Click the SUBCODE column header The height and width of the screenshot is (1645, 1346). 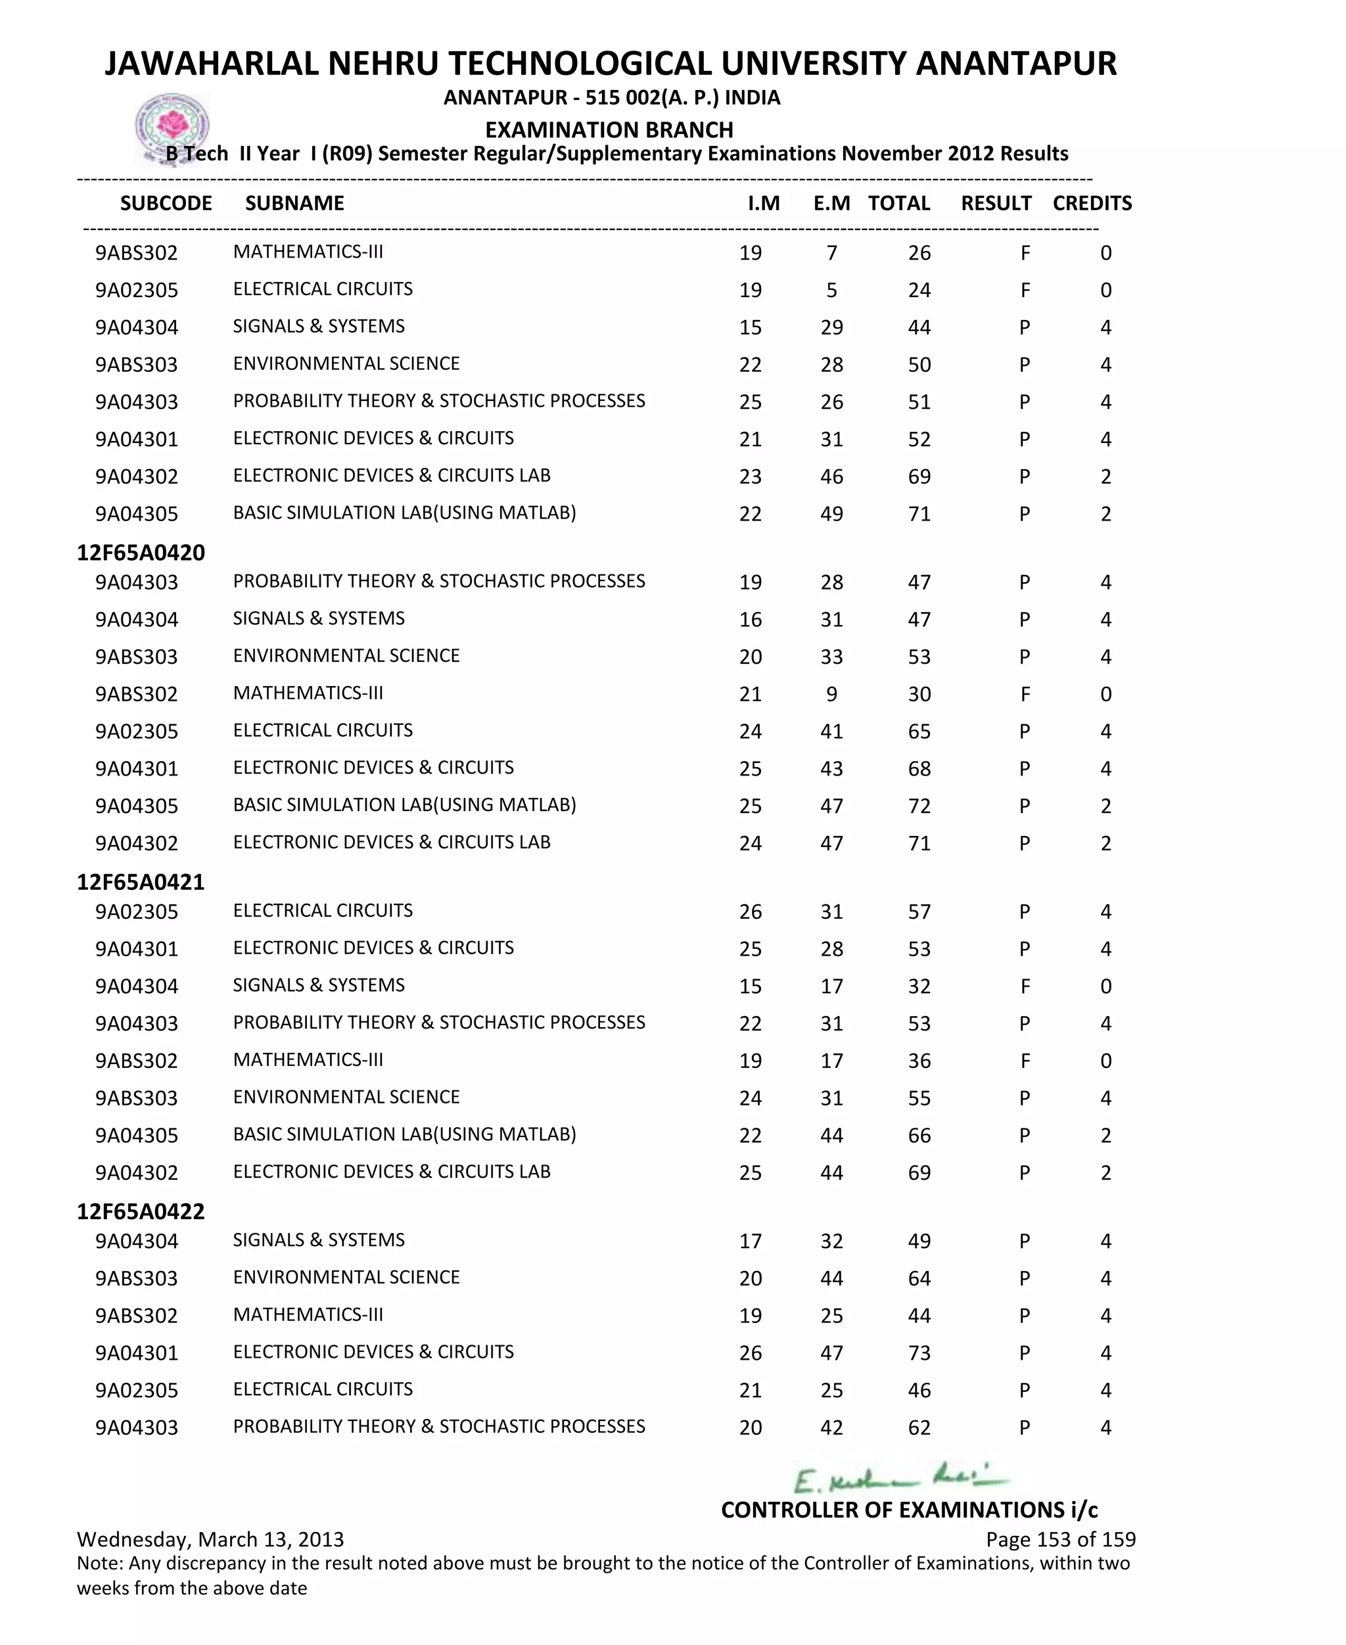(x=166, y=203)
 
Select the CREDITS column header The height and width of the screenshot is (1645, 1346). (x=1092, y=203)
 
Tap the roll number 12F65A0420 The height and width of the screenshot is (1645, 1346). (x=141, y=553)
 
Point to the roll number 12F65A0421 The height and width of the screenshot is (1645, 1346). (x=141, y=882)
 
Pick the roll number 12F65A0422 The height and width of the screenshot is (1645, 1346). (x=141, y=1212)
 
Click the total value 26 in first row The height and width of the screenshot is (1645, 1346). (x=919, y=254)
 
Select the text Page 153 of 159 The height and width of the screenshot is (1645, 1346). (x=1060, y=1540)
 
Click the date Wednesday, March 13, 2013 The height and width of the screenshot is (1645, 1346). (x=210, y=1540)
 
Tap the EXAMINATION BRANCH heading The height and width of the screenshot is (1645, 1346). (x=609, y=129)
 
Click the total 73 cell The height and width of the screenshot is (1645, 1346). (x=919, y=1353)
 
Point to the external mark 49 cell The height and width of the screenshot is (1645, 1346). (x=831, y=514)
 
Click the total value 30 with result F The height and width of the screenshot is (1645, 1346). (x=919, y=695)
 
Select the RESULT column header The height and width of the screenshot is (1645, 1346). (x=996, y=203)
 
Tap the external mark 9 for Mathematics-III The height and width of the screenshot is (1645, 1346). (x=831, y=695)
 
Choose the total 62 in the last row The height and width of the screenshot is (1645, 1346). (x=919, y=1428)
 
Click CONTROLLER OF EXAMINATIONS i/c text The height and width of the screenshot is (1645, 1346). (x=909, y=1510)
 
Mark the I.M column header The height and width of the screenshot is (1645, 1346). (x=763, y=203)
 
